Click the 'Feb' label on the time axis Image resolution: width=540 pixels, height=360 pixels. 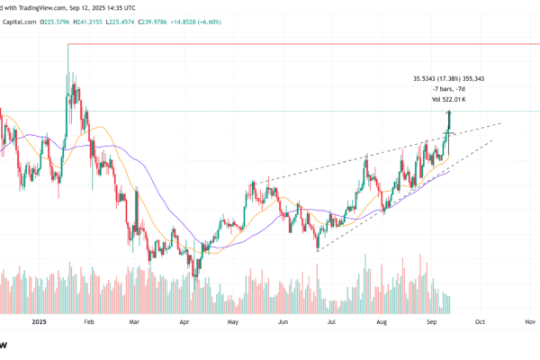coord(88,321)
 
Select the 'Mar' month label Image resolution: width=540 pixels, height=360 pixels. coord(135,321)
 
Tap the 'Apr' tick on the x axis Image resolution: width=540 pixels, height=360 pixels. coord(184,321)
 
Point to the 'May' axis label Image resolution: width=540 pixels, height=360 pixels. coord(233,321)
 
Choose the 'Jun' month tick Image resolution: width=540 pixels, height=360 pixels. coord(283,321)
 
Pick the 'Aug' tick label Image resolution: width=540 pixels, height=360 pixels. coord(381,321)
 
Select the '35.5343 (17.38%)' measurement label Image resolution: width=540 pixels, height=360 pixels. coord(444,78)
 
